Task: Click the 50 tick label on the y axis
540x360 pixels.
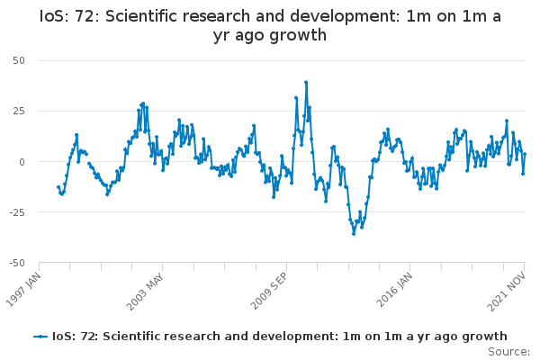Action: coord(19,60)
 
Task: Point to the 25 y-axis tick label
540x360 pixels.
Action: coord(19,111)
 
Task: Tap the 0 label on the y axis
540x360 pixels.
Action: coord(22,162)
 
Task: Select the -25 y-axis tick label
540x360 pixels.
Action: coord(17,212)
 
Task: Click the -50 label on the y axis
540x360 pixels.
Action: coord(17,263)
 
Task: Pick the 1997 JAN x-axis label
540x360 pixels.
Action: coord(23,290)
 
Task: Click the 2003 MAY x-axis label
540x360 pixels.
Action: coord(145,292)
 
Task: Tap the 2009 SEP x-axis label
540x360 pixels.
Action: coord(268,291)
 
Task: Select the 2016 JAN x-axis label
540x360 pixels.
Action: coord(394,290)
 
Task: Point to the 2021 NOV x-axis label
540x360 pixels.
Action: coord(506,292)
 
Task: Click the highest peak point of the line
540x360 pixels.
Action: coord(306,82)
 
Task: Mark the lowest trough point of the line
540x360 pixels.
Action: coord(354,234)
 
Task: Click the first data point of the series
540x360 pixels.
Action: coord(58,187)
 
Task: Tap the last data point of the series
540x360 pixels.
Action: coord(525,154)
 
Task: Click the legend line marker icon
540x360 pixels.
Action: coord(40,337)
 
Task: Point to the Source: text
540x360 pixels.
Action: coord(508,352)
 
